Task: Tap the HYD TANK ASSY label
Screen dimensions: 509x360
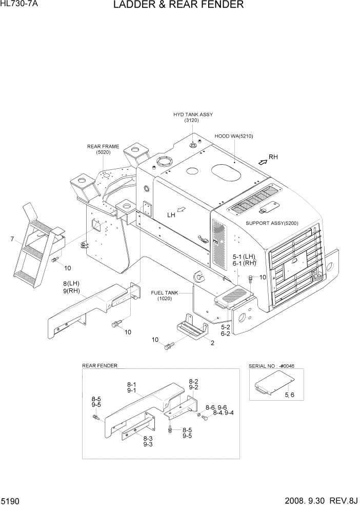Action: [192, 114]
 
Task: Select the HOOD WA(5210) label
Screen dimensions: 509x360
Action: [234, 136]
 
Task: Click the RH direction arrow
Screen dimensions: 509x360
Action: [262, 161]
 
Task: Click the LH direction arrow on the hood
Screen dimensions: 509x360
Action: [181, 209]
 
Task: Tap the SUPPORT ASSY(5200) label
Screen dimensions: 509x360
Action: [272, 223]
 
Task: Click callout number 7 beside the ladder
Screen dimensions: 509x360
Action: [11, 239]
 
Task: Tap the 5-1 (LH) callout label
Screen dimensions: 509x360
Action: [244, 256]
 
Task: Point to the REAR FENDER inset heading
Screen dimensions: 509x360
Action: [99, 366]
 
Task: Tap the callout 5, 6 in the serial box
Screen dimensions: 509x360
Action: [289, 394]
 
